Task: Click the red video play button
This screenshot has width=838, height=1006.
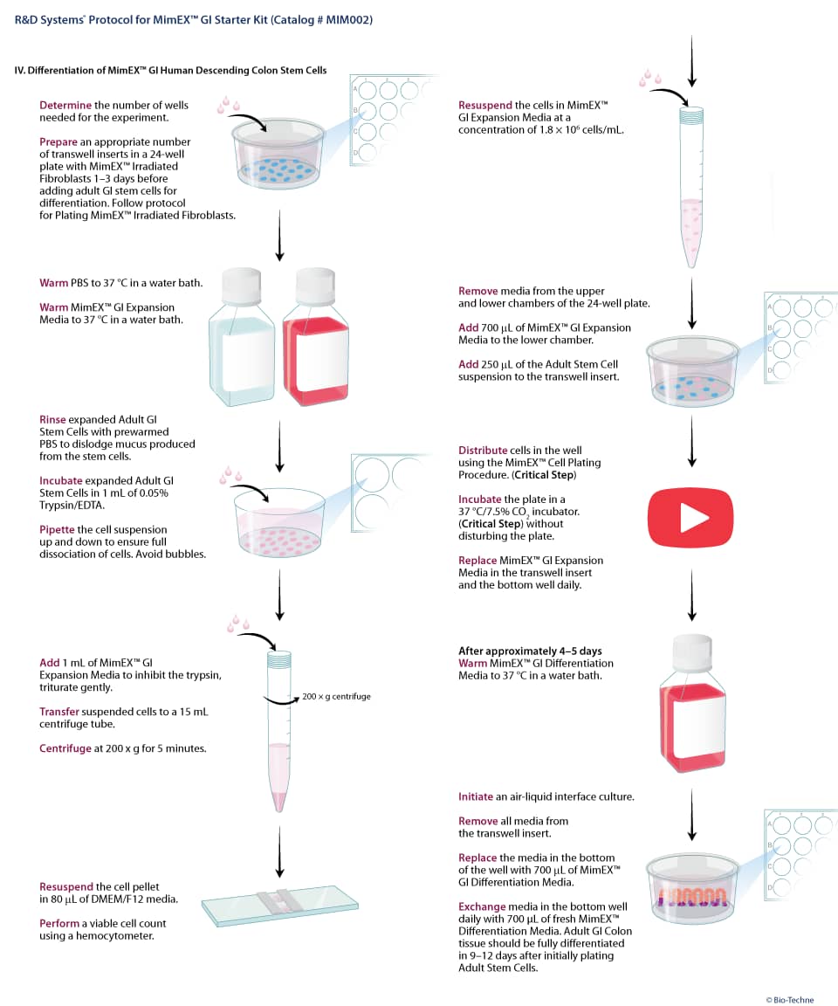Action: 690,517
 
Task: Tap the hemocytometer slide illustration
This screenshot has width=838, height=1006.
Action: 280,906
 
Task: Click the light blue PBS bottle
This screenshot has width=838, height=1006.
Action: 242,337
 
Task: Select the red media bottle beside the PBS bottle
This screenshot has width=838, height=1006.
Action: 316,337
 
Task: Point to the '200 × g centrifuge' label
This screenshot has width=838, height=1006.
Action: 336,696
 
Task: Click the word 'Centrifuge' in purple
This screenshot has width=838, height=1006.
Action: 65,748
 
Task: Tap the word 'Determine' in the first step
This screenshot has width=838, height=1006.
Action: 65,105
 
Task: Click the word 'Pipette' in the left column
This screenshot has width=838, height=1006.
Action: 57,529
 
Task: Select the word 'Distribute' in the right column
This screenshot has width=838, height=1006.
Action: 483,451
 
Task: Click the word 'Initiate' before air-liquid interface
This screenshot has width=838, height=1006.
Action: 476,796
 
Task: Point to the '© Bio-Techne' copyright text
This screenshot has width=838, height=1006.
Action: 790,1000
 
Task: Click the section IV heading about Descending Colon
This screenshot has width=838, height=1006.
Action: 170,71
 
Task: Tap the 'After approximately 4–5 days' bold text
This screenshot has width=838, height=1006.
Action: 530,651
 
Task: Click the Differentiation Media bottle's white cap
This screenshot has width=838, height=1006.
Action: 692,653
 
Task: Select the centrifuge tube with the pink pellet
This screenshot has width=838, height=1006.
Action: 279,732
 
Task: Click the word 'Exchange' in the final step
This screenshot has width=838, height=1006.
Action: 482,906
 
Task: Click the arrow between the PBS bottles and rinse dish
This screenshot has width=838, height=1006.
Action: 279,446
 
